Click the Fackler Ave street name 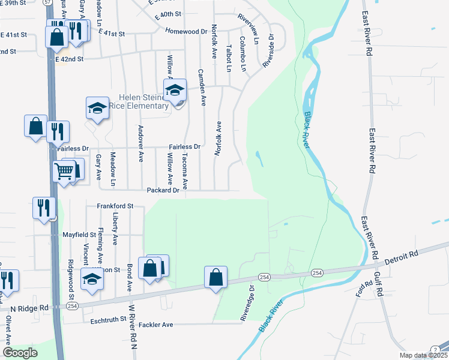(155, 325)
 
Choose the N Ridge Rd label (28, 308)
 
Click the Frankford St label (114, 206)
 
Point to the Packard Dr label (163, 190)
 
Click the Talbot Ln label (228, 58)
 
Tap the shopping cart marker (64, 171)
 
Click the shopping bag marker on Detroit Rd (215, 277)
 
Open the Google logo (20, 353)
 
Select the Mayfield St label (79, 235)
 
